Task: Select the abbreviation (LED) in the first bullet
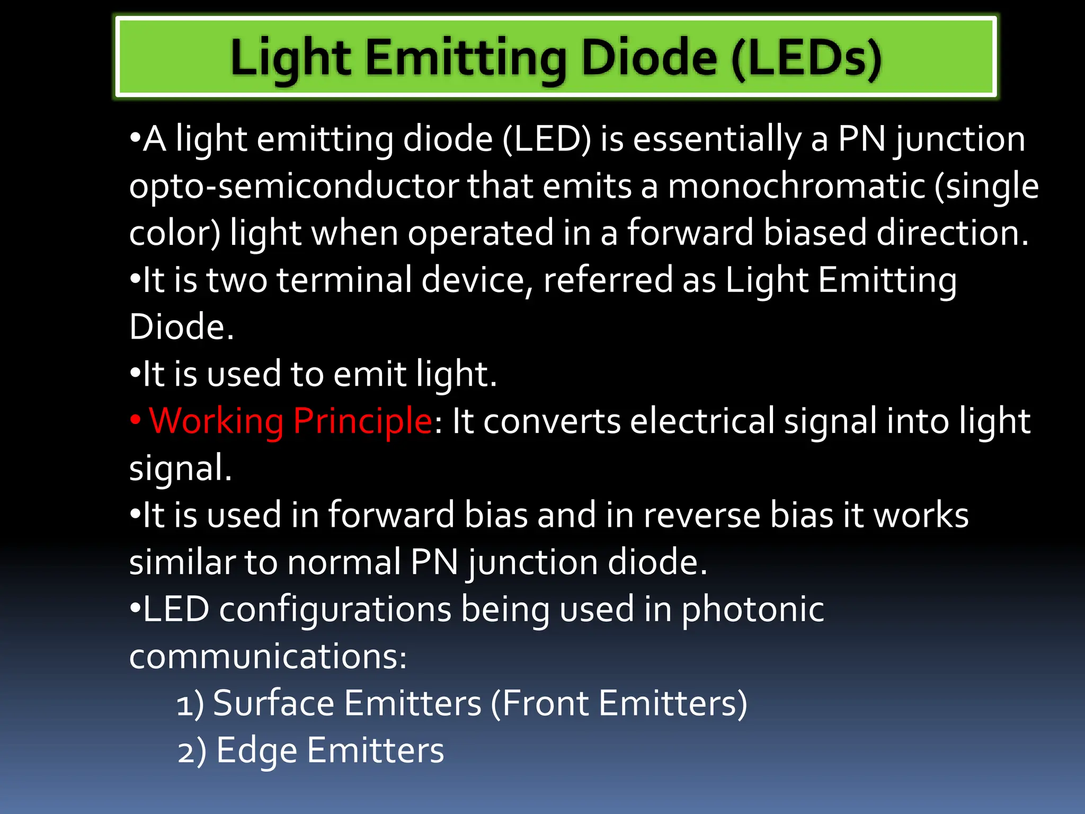(x=546, y=139)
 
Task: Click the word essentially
(x=717, y=139)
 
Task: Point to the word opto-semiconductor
(x=293, y=187)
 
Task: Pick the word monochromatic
(x=796, y=187)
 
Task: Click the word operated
(x=481, y=233)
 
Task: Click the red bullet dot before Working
(x=136, y=420)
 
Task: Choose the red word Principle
(x=363, y=421)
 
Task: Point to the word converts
(x=552, y=421)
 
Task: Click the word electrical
(x=702, y=421)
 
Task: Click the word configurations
(x=335, y=609)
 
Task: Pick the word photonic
(x=752, y=609)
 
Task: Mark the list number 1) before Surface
(x=190, y=704)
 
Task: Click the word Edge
(x=256, y=751)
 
